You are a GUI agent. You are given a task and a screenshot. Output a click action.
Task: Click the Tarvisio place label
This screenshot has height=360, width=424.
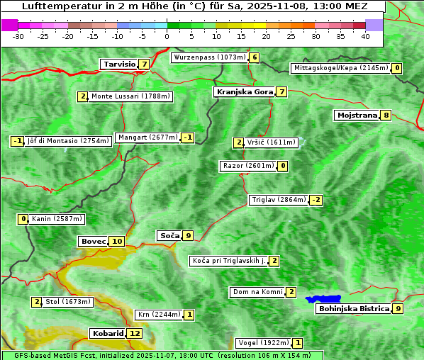[x=119, y=64]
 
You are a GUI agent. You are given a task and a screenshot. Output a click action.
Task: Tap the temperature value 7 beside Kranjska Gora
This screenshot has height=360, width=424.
[x=281, y=92]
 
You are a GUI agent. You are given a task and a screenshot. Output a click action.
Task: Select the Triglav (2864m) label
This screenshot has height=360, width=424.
[x=279, y=200]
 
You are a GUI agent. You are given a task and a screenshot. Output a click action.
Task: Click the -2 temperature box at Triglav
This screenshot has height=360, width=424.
[x=316, y=200]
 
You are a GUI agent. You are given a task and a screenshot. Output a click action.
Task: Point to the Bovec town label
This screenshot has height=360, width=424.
[x=93, y=242]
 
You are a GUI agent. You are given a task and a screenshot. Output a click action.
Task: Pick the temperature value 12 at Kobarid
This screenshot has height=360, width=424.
[x=135, y=334]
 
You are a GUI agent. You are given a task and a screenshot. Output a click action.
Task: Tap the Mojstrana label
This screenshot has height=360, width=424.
[x=357, y=116]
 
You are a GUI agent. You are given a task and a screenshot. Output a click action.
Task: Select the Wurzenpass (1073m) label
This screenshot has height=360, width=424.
[x=209, y=57]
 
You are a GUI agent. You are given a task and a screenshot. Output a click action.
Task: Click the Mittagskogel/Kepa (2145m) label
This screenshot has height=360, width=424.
[x=340, y=68]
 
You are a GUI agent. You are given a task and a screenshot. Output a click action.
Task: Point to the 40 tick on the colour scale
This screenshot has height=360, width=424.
[x=365, y=36]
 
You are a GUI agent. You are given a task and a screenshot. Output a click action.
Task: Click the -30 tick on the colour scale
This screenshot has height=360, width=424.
[x=18, y=36]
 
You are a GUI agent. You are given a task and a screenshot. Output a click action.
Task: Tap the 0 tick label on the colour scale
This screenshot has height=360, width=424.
[x=167, y=36]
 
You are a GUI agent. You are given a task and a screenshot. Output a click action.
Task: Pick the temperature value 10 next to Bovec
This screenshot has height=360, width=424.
[x=117, y=242]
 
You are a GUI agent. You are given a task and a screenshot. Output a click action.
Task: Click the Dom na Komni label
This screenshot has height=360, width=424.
[x=257, y=292]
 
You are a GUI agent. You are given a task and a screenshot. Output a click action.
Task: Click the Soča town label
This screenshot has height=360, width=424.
[x=169, y=235]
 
